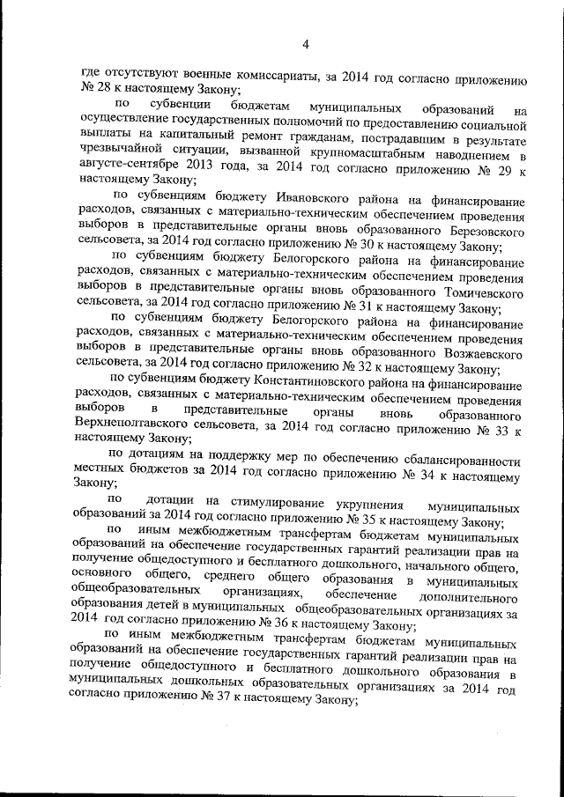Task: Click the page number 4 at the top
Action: (x=305, y=44)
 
